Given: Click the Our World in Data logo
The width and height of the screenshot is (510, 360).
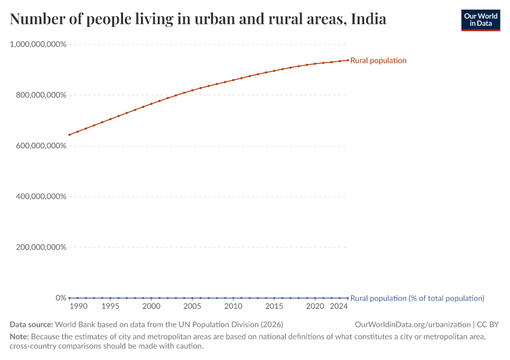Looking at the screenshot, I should pyautogui.click(x=480, y=20).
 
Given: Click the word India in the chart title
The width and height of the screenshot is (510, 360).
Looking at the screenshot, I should pyautogui.click(x=368, y=19).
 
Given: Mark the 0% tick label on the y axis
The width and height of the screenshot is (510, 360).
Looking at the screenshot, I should pyautogui.click(x=61, y=298).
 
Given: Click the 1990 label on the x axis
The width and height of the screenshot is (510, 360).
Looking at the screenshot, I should pyautogui.click(x=78, y=307).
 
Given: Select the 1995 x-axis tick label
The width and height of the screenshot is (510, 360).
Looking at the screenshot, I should pyautogui.click(x=110, y=307).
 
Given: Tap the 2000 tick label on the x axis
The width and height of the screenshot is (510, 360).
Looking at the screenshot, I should pyautogui.click(x=151, y=307).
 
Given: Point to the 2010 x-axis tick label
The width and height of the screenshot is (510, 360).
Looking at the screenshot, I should pyautogui.click(x=233, y=307).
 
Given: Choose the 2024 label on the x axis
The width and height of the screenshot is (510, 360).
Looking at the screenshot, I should pyautogui.click(x=339, y=307).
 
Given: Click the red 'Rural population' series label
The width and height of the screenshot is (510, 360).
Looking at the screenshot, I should pyautogui.click(x=379, y=61).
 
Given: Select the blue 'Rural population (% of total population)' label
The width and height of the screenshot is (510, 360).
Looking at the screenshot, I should pyautogui.click(x=417, y=298).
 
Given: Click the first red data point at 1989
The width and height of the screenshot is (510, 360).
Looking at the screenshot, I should pyautogui.click(x=70, y=134).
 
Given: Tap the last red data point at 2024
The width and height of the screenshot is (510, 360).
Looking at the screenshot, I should pyautogui.click(x=347, y=60).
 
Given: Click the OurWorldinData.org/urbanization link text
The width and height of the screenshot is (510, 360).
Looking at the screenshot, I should pyautogui.click(x=413, y=325).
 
